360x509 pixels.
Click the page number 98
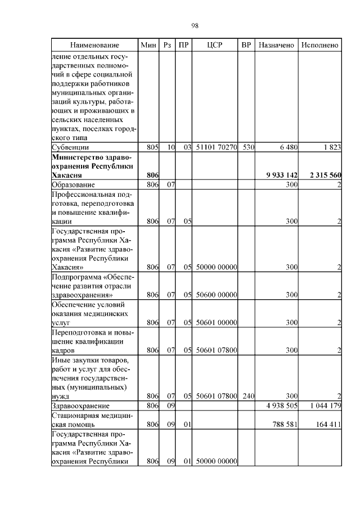(x=195, y=25)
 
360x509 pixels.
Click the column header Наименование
(x=94, y=45)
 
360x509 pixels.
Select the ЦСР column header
(x=215, y=45)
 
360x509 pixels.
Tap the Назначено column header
(x=276, y=45)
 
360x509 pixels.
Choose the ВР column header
(x=246, y=45)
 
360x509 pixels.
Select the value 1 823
(x=332, y=147)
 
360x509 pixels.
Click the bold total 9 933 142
(x=281, y=175)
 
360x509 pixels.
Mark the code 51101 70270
(x=216, y=147)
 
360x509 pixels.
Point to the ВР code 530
(x=249, y=147)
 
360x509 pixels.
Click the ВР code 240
(x=249, y=396)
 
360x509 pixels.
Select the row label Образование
(x=73, y=184)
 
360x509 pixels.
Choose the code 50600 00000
(x=216, y=294)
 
